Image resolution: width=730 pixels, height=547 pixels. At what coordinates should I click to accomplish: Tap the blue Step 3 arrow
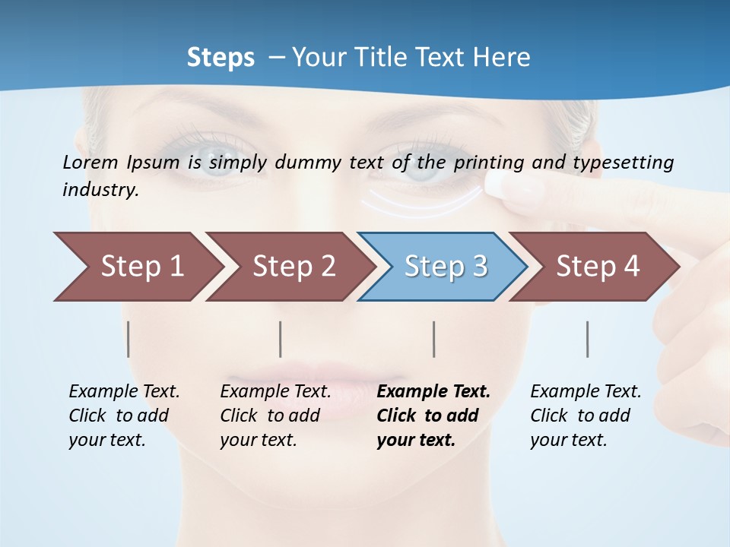click(x=446, y=267)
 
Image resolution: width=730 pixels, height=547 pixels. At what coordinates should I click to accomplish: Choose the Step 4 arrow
click(x=598, y=267)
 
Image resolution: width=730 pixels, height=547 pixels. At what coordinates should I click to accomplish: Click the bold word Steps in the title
click(x=221, y=58)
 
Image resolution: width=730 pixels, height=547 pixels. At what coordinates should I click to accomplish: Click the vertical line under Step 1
click(x=129, y=339)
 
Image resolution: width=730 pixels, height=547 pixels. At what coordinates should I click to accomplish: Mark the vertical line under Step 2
click(x=281, y=339)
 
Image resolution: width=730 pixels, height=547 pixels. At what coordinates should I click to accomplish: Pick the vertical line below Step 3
click(x=434, y=339)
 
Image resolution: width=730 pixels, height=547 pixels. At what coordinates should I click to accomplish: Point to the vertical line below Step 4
click(x=588, y=339)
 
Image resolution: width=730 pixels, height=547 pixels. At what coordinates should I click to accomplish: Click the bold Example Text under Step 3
click(x=433, y=392)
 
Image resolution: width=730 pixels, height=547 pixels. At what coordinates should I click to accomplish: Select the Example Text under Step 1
click(x=124, y=392)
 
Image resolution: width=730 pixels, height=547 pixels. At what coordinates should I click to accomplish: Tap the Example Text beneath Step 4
click(x=586, y=392)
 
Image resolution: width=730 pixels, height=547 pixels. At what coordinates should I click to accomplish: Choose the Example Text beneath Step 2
click(x=275, y=392)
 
